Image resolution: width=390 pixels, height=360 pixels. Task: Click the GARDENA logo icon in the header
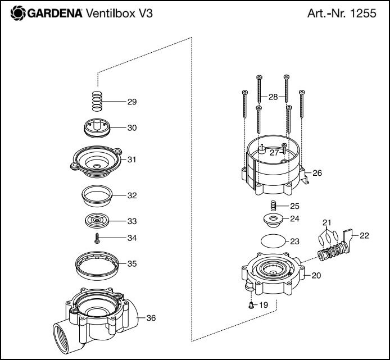[x=17, y=13]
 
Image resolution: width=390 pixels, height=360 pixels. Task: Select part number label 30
[x=132, y=128]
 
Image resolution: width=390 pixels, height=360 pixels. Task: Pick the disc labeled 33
[x=97, y=220]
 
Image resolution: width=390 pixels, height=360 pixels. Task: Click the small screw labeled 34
[x=97, y=238]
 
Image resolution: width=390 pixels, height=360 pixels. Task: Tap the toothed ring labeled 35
[x=97, y=264]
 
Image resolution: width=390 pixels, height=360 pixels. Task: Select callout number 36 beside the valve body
[x=151, y=318]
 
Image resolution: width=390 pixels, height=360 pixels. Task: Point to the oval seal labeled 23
[x=274, y=241]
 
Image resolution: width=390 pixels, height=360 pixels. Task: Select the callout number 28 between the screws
[x=273, y=97]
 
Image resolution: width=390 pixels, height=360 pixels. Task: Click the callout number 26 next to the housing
[x=317, y=173]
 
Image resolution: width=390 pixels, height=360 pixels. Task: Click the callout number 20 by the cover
[x=317, y=276]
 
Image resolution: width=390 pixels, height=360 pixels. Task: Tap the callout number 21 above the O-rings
[x=328, y=223]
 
